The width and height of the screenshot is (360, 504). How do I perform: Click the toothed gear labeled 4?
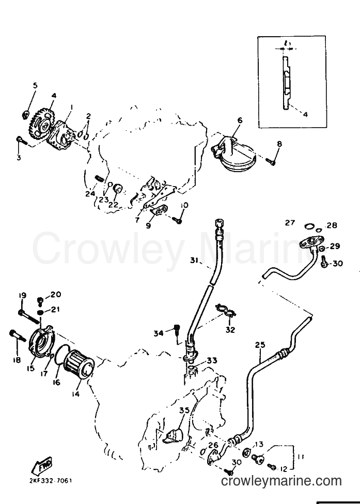41,124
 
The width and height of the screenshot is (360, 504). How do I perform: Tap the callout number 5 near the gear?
35,85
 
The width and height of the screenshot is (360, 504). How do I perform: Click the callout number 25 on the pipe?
260,345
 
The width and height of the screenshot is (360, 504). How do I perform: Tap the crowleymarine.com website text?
281,481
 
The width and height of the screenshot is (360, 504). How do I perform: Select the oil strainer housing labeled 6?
232,154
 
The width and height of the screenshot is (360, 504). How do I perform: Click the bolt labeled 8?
271,161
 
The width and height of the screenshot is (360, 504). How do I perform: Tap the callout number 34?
159,333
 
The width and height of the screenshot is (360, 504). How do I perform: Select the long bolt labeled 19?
30,314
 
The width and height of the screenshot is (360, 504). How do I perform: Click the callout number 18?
17,360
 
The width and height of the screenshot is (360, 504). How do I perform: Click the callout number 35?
184,411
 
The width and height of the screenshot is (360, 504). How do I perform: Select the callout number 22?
113,204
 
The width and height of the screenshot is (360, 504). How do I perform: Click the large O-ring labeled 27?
309,226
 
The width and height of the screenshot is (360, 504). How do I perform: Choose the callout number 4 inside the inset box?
305,114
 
